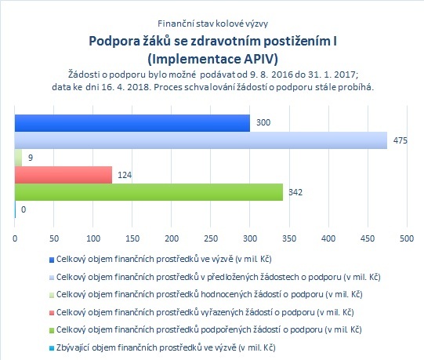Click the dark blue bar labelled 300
[x=132, y=123]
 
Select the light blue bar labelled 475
[x=201, y=140]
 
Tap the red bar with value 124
[x=63, y=175]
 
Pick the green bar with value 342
[x=149, y=192]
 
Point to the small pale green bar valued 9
[x=18, y=158]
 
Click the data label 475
[x=400, y=140]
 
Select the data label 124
[x=125, y=175]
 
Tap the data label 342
[x=295, y=192]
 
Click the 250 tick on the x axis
[x=211, y=238]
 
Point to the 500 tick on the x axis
[x=407, y=238]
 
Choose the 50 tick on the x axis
[x=54, y=238]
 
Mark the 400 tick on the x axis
[x=328, y=238]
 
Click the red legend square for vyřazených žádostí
[x=52, y=313]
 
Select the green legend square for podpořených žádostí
[x=52, y=330]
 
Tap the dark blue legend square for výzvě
[x=52, y=260]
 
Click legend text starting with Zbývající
[x=166, y=347]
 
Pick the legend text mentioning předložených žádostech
[x=218, y=277]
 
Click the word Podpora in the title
[x=114, y=42]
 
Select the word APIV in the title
[x=261, y=59]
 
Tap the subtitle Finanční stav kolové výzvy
[x=213, y=24]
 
